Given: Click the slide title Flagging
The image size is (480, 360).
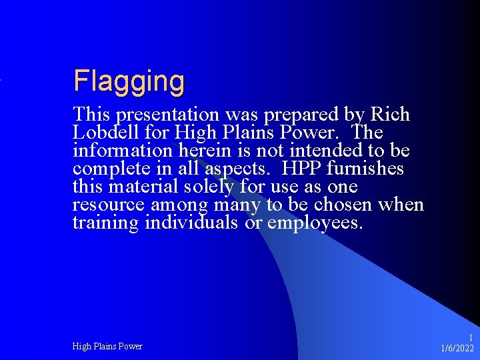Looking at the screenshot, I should (x=129, y=81).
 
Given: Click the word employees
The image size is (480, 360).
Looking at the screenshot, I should (x=314, y=222).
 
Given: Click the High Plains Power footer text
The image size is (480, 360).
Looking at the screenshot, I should (x=107, y=346).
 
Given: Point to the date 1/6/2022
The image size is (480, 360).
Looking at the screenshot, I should (x=457, y=348).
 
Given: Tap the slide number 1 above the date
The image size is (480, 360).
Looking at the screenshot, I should (x=471, y=337).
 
